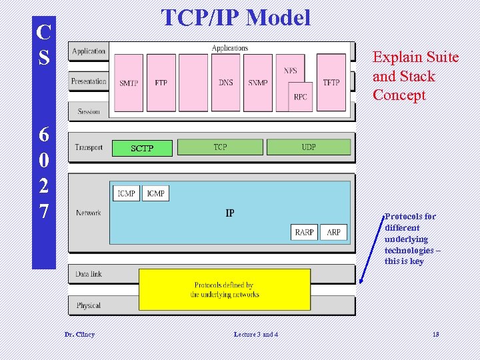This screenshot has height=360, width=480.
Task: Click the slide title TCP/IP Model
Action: [236, 18]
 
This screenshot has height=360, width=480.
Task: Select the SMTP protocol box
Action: [129, 82]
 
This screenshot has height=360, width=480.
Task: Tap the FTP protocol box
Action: [161, 82]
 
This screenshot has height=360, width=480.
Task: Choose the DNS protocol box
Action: [226, 82]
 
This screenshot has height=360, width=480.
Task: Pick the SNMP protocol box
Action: [257, 82]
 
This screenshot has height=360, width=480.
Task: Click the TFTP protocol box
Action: [331, 82]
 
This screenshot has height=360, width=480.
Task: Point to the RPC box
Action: [300, 97]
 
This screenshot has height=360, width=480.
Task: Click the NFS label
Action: [291, 71]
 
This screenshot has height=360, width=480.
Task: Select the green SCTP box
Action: [142, 148]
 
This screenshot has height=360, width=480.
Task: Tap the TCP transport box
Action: [220, 147]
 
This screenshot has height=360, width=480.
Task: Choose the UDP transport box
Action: [308, 147]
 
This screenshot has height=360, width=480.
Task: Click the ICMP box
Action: [127, 193]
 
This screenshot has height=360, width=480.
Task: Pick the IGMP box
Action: [155, 193]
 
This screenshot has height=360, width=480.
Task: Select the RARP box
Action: [304, 232]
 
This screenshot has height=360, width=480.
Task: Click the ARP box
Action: [333, 232]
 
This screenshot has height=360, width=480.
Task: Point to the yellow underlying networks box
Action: [225, 289]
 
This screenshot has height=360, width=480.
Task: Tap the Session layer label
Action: [89, 111]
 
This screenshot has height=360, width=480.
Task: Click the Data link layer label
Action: [89, 274]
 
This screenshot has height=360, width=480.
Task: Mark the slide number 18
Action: [435, 334]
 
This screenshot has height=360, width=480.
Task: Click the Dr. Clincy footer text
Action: [79, 334]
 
